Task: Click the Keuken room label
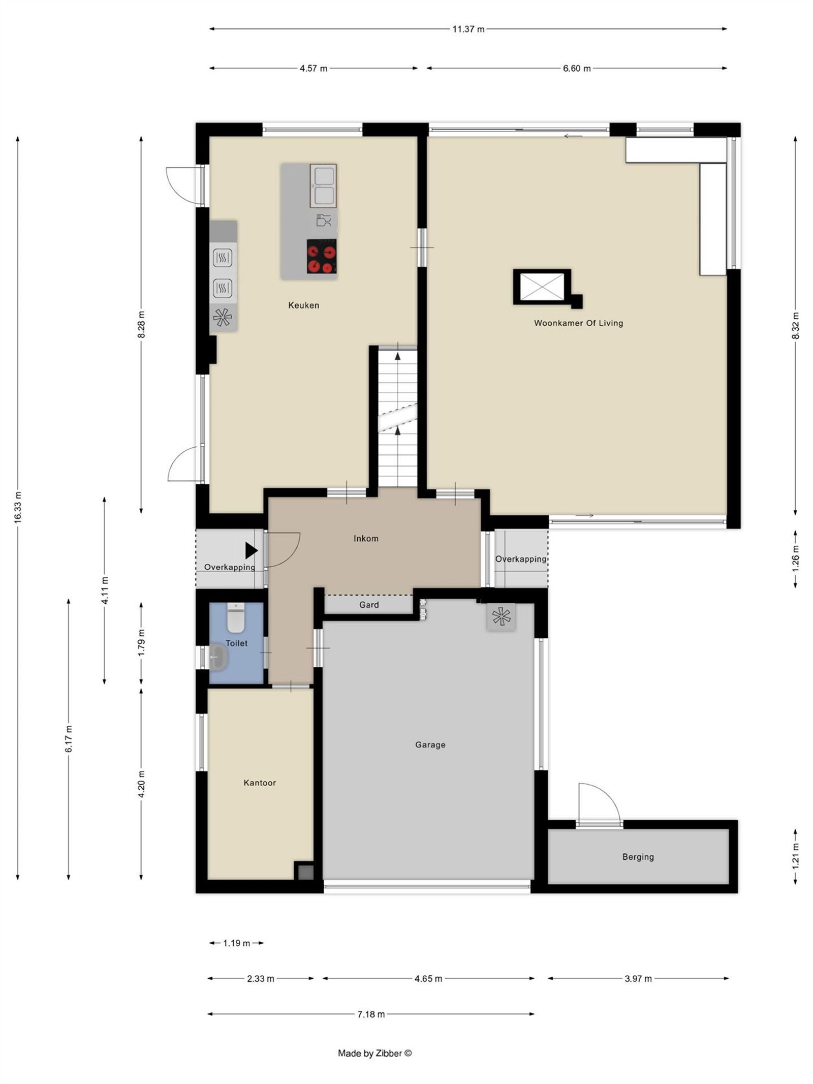pos(303,305)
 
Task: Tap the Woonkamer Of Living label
pos(578,323)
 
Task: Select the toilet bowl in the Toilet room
pos(235,617)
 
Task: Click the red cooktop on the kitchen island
pos(322,257)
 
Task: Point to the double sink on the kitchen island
pos(323,185)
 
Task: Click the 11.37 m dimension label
pos(468,29)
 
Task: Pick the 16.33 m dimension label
pos(18,507)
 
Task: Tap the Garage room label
pos(430,745)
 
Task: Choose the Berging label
pos(638,857)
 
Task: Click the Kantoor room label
pos(260,783)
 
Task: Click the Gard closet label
pos(369,605)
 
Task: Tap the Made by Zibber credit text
pos(374,1054)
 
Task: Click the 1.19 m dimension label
pos(236,943)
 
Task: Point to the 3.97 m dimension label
pos(638,979)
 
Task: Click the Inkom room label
pos(366,539)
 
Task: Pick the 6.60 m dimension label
pos(577,69)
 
